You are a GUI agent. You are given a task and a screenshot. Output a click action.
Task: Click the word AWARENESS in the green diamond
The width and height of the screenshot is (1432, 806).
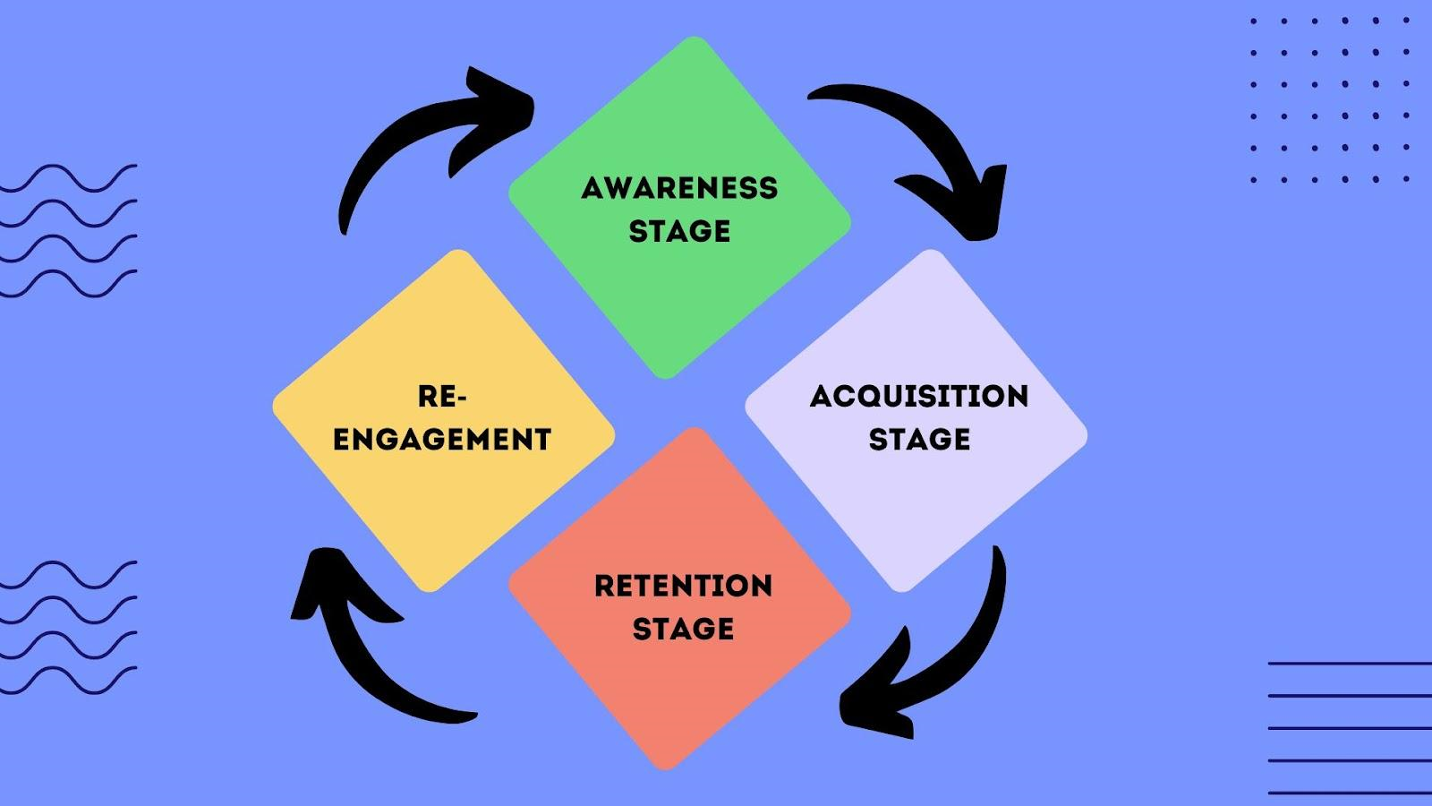coord(679,188)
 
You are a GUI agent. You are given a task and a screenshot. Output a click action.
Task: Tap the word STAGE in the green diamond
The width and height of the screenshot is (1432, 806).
coord(679,231)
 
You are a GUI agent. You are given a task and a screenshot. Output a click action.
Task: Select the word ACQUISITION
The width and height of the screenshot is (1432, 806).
coord(919,396)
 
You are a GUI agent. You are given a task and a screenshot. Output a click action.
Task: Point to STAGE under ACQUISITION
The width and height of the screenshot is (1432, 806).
coord(919,439)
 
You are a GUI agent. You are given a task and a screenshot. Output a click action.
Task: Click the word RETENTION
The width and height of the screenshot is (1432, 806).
coord(683,586)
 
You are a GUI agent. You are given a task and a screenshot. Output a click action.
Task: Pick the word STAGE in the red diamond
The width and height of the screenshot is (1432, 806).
coord(683,629)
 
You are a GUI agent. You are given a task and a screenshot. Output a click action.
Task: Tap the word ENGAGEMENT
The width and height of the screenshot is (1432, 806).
coord(442,439)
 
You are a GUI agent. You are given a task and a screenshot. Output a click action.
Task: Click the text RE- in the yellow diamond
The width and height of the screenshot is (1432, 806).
coord(442,396)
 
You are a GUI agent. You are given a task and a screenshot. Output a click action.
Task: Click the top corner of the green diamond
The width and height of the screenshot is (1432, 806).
coord(693,40)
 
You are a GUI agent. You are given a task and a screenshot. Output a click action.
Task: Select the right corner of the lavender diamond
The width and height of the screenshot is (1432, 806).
coord(1084,436)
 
